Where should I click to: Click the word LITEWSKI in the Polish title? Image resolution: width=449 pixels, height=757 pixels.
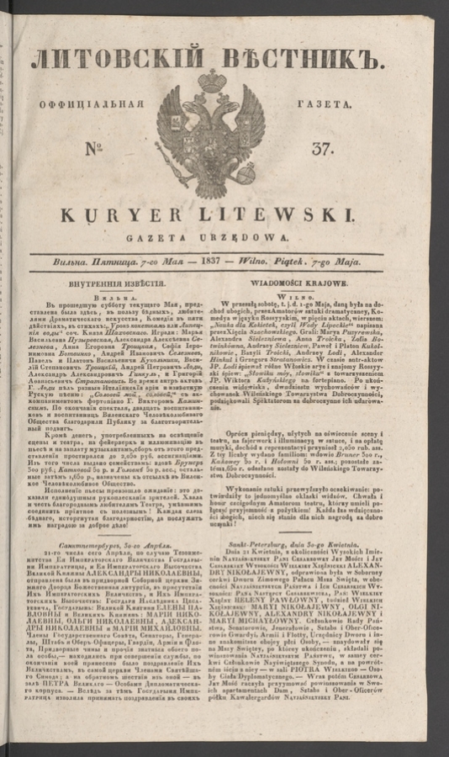click(285, 217)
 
